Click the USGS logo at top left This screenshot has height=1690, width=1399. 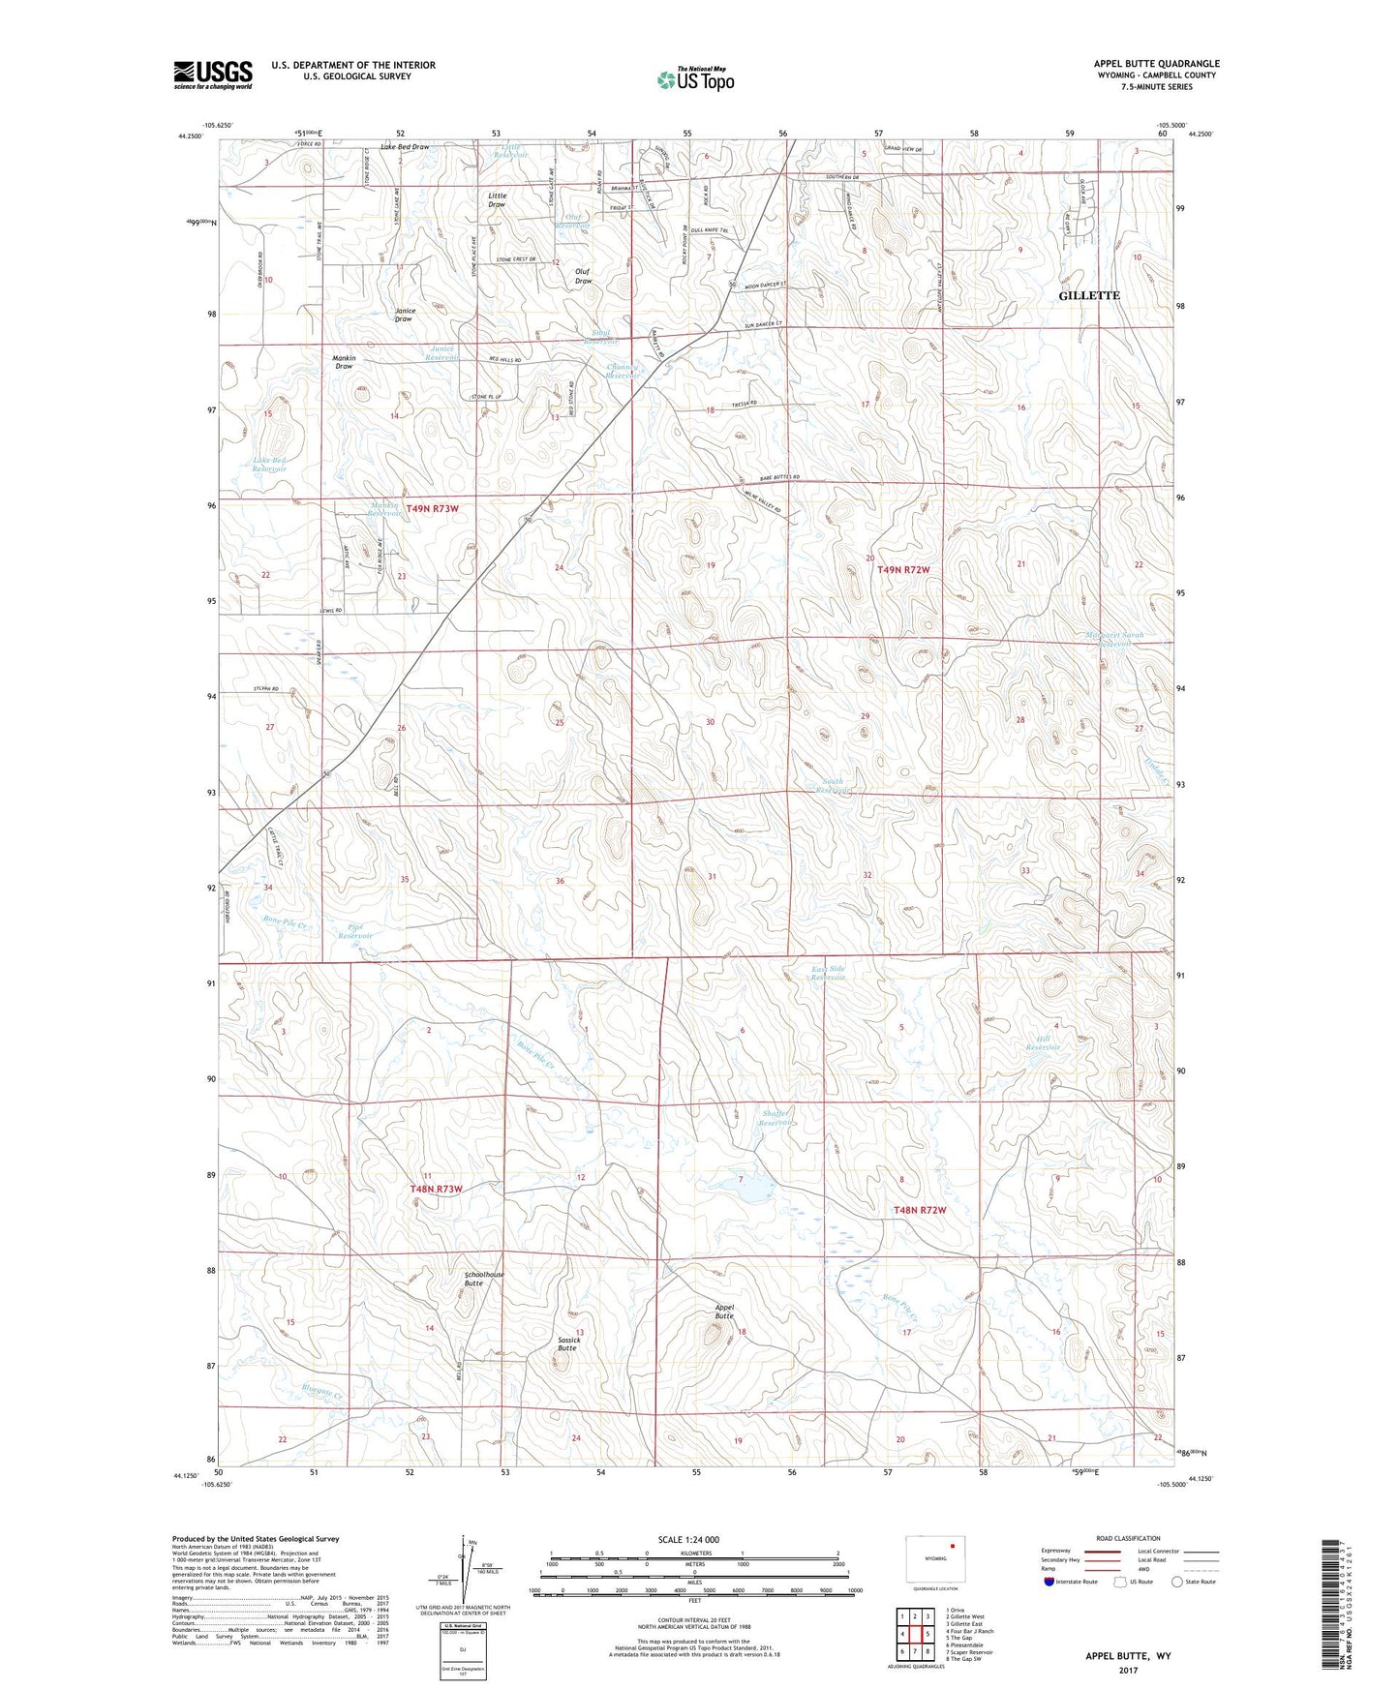click(x=213, y=75)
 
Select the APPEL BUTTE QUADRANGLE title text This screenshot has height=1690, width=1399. click(x=1156, y=64)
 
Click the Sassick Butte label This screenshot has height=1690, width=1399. click(x=567, y=1343)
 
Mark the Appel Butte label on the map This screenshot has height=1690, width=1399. click(x=724, y=1312)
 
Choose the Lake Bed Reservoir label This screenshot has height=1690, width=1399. click(x=270, y=464)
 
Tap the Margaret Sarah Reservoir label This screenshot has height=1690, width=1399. click(x=1114, y=640)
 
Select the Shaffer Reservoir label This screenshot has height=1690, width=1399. click(x=776, y=1117)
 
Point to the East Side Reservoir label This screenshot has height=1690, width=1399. click(x=829, y=973)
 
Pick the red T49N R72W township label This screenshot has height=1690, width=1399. click(x=903, y=570)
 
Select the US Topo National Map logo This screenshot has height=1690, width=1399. click(x=694, y=78)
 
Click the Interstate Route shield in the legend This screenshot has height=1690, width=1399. click(x=1049, y=1582)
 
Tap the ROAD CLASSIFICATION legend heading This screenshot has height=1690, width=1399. click(x=1128, y=1538)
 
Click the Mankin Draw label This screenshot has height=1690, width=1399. click(x=344, y=362)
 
